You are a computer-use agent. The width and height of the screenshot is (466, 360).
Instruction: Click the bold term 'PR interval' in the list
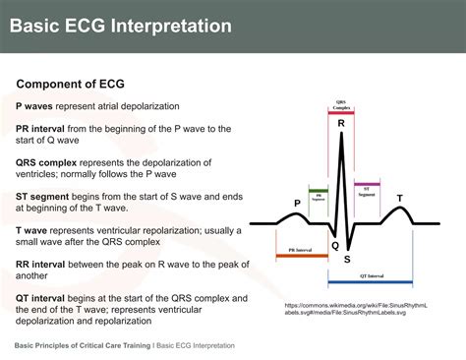point(40,129)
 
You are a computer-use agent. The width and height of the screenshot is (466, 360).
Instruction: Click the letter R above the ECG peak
point(341,124)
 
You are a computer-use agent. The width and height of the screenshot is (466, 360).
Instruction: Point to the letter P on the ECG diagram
point(297,204)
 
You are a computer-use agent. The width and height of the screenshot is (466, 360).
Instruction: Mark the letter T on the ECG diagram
point(399,199)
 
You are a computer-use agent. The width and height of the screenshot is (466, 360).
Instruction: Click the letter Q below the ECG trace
point(334,246)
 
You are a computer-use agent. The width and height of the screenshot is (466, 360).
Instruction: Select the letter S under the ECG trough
point(347,259)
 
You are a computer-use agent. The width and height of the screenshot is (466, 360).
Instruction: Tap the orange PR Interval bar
point(302,256)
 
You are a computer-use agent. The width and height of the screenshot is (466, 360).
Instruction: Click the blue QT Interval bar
point(383,283)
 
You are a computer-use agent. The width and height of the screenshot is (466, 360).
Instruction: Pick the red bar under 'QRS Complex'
point(340,113)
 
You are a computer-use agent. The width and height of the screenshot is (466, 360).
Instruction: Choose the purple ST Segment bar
point(367,183)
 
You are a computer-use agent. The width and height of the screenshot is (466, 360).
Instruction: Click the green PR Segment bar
point(319,189)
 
